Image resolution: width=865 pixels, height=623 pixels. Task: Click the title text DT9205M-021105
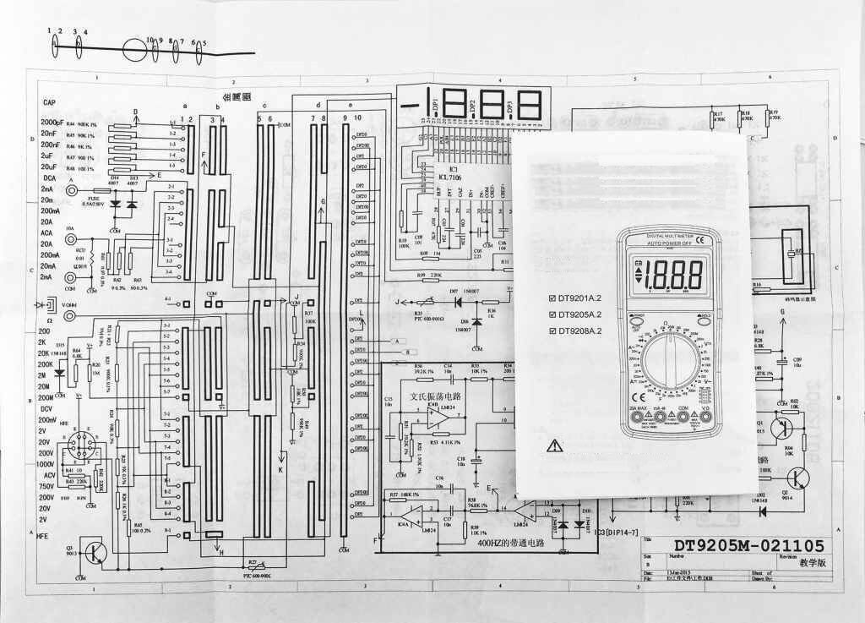pos(748,546)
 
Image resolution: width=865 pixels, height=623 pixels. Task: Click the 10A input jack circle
pos(70,239)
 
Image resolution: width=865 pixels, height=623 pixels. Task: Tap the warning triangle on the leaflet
pos(554,445)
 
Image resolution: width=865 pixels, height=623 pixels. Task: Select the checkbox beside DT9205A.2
pos(552,314)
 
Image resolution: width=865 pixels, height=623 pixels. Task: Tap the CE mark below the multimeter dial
pos(640,396)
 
